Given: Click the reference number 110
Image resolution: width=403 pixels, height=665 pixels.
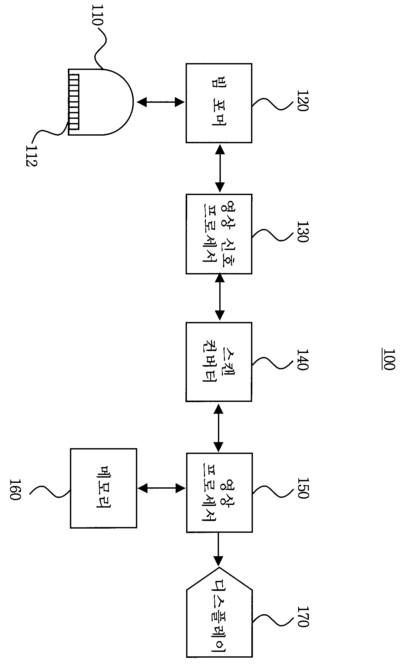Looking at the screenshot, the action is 97,14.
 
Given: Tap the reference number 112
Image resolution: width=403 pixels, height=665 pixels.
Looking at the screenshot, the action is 32,155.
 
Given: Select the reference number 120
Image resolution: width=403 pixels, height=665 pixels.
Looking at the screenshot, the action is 302,100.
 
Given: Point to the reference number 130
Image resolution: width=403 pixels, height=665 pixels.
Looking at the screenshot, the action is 302,232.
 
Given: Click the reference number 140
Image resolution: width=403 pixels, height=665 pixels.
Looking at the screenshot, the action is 302,360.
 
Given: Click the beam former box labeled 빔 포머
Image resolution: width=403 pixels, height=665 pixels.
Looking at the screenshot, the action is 219,103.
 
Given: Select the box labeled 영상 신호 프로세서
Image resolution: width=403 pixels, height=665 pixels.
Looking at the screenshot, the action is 219,234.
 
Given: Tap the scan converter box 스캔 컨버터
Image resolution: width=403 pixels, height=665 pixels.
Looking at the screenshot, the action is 219,362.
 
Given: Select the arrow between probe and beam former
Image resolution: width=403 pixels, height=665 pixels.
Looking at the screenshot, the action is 161,102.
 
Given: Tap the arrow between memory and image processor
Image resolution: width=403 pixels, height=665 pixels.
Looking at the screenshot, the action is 161,488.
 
